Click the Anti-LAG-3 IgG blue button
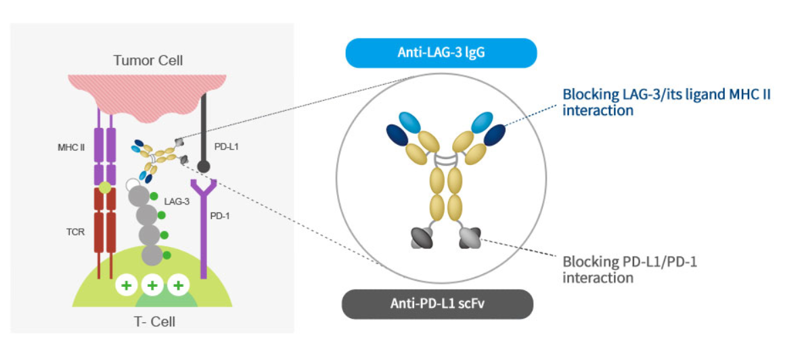(441, 53)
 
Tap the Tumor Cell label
(148, 61)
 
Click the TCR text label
(76, 231)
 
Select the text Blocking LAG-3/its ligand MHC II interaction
(666, 102)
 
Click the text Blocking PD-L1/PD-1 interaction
(629, 269)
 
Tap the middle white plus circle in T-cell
(152, 286)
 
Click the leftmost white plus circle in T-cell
(126, 286)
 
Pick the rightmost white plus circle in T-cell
(178, 286)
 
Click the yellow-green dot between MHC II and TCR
(104, 186)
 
